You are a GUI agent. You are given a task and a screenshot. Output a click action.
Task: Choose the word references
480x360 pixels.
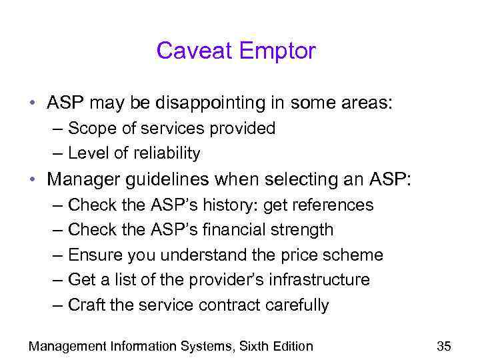click(333, 205)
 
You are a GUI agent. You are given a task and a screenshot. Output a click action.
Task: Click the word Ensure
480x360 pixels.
click(93, 255)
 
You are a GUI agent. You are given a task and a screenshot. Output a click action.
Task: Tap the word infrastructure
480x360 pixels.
click(319, 280)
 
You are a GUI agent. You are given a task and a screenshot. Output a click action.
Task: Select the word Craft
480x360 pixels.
click(86, 305)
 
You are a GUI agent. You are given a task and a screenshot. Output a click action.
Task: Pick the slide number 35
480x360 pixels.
click(443, 345)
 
